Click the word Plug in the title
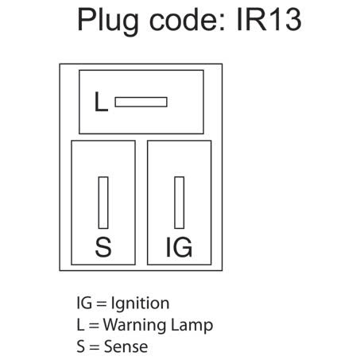point(108,20)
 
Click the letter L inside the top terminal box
point(101,103)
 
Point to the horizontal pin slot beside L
point(141,102)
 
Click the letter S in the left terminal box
point(103,248)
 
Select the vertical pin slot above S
point(103,203)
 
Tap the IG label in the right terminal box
point(179,248)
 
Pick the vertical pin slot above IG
point(179,203)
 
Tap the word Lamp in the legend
point(193,325)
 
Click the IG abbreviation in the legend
point(82,303)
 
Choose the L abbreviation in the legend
point(78,325)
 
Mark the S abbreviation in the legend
point(78,346)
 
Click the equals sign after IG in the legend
point(100,303)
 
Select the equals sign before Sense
point(94,346)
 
